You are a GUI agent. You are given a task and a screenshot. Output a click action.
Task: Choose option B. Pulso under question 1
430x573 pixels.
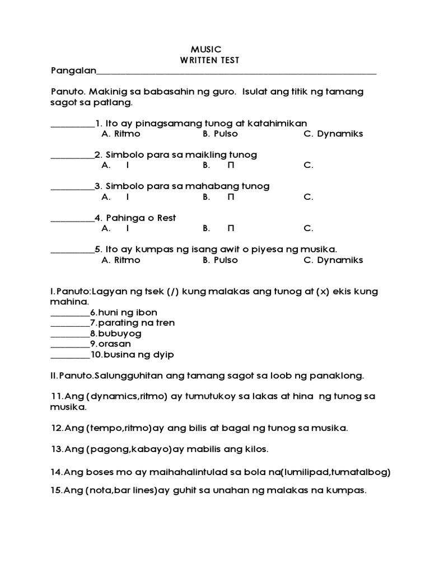click(220, 134)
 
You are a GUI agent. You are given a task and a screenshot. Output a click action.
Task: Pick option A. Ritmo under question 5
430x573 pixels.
click(121, 260)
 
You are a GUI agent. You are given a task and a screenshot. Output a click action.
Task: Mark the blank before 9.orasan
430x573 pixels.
click(69, 344)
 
